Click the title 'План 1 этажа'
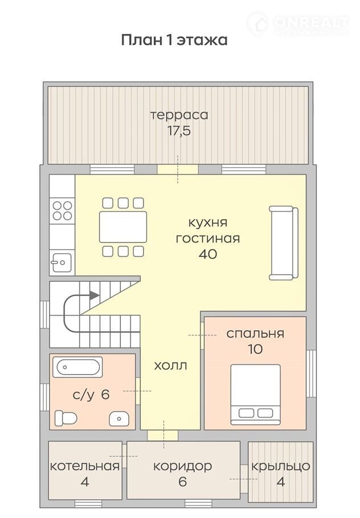pyautogui.click(x=174, y=40)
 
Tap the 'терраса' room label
pyautogui.click(x=179, y=115)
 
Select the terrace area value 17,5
pyautogui.click(x=179, y=131)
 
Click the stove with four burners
pyautogui.click(x=62, y=211)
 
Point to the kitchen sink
pyautogui.click(x=62, y=262)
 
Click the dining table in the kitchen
pyautogui.click(x=123, y=227)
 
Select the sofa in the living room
pyautogui.click(x=284, y=243)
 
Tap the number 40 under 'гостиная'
pyautogui.click(x=208, y=254)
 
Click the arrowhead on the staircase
pyautogui.click(x=94, y=295)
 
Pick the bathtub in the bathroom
pyautogui.click(x=77, y=367)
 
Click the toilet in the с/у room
pyautogui.click(x=66, y=418)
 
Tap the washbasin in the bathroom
pyautogui.click(x=119, y=419)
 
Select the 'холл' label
pyautogui.click(x=170, y=365)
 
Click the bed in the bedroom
pyautogui.click(x=256, y=394)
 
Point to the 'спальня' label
pyautogui.click(x=255, y=334)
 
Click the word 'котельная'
pyautogui.click(x=85, y=466)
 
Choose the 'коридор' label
pyautogui.click(x=182, y=467)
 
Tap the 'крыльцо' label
pyautogui.click(x=281, y=467)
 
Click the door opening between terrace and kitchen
pyautogui.click(x=178, y=170)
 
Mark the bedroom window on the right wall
pyautogui.click(x=311, y=373)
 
